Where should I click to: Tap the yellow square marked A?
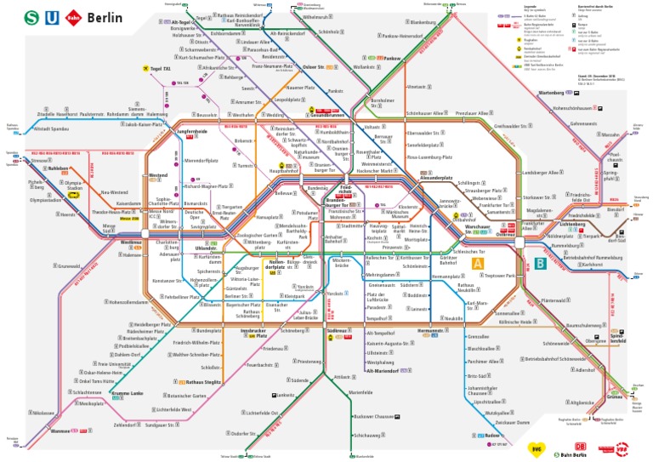[x=478, y=265]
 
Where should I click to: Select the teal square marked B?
[x=540, y=265]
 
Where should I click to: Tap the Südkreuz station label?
[x=338, y=330]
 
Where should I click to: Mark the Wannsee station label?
[x=61, y=431]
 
